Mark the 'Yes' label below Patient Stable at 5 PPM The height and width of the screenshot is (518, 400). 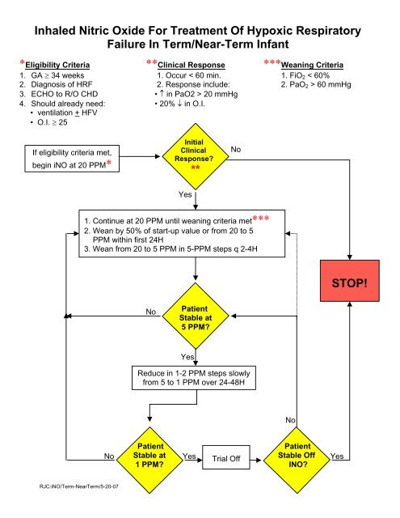click(187, 356)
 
